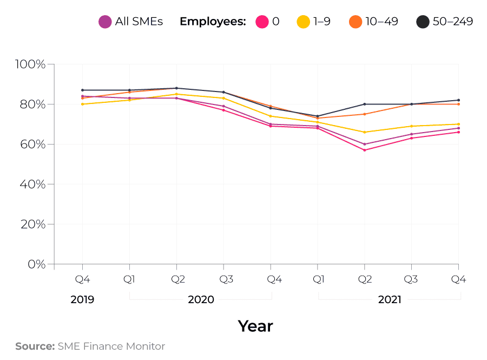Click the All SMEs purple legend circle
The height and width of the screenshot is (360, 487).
[x=105, y=22]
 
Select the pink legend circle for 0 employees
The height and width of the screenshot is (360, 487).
[x=262, y=22]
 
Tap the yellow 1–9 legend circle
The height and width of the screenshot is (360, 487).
[x=303, y=22]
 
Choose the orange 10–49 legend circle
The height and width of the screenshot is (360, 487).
[x=356, y=22]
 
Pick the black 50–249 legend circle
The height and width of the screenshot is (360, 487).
[x=423, y=22]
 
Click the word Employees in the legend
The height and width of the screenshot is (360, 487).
[x=213, y=22]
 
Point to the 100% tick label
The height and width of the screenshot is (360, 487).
[x=31, y=64]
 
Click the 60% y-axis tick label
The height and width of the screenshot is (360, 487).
[x=33, y=145]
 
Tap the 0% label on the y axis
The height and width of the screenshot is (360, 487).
[x=36, y=264]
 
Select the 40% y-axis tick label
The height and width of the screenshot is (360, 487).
[x=33, y=185]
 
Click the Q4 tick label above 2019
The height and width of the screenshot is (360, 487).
[x=82, y=279]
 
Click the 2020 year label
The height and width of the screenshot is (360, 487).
[x=201, y=299]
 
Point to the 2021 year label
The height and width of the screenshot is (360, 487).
[x=390, y=299]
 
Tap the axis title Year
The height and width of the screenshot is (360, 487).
[x=255, y=326]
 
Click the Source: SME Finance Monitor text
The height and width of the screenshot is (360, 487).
[x=90, y=346]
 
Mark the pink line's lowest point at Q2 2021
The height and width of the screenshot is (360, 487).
[x=365, y=150]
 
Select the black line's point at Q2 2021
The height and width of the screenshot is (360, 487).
[x=365, y=104]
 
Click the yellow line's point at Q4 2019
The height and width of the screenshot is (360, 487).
[x=82, y=104]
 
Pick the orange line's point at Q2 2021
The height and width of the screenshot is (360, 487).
[x=365, y=114]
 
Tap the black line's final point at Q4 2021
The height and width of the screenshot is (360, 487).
[x=459, y=100]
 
